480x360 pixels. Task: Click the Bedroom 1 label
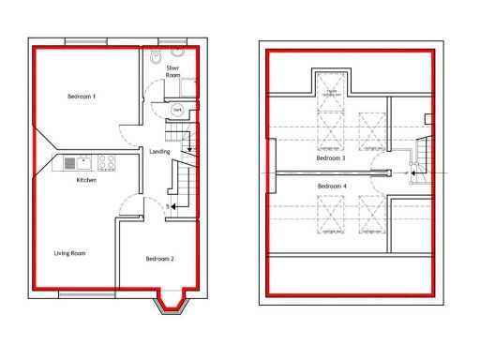[82, 97]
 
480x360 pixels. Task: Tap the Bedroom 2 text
[158, 259]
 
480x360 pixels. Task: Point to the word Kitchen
[86, 180]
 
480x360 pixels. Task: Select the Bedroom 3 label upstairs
[330, 158]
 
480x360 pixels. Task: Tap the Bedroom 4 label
[331, 187]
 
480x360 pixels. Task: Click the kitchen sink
[73, 164]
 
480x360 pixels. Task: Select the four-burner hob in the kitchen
[106, 164]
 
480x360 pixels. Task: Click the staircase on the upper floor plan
[421, 156]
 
